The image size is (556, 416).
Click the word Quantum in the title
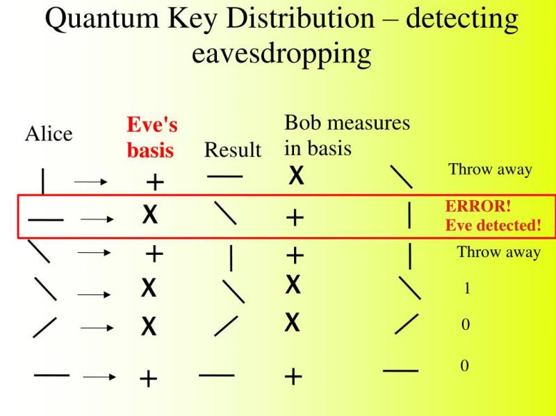click(102, 19)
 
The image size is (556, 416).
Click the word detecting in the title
click(462, 20)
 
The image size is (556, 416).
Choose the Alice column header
click(49, 134)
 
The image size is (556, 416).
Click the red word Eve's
click(152, 124)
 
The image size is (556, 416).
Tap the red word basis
click(150, 149)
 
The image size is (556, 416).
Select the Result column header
click(233, 149)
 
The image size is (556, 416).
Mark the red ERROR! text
click(478, 206)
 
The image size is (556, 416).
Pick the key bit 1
click(467, 288)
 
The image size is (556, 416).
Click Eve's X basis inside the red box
click(149, 215)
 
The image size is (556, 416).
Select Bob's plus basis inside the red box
click(295, 217)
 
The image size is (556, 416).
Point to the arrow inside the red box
click(97, 219)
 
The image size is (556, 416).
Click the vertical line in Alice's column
click(43, 181)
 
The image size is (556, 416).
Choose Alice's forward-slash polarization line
click(44, 327)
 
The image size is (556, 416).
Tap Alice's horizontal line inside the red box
click(46, 219)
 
